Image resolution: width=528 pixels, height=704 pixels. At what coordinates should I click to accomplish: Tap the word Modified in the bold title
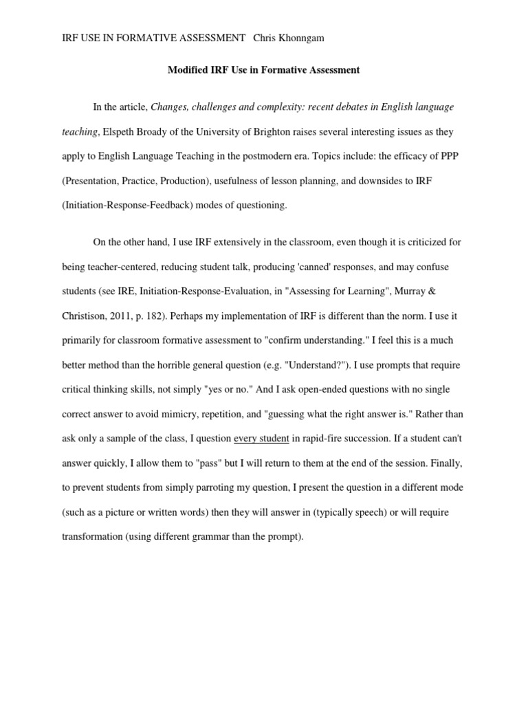point(189,69)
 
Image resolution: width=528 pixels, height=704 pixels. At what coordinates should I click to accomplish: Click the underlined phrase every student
point(261,438)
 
